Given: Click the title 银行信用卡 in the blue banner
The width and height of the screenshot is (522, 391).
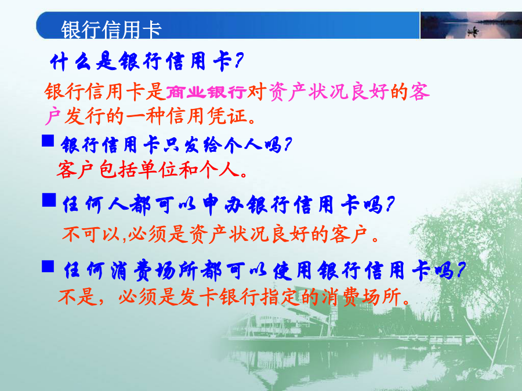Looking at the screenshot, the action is pos(111,30).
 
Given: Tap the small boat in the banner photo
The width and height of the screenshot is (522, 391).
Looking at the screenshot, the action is pos(472,32).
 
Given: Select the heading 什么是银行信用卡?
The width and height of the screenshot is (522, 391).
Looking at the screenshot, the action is pos(147,61).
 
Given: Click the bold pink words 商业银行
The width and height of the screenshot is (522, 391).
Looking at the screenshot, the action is pos(206,92).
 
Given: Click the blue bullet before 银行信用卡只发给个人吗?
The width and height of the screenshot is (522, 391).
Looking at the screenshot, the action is pos(48,141).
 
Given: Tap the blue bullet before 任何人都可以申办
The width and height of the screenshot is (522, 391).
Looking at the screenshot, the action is pos(49,200).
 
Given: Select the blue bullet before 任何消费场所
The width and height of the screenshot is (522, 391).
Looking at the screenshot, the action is pos(48,266).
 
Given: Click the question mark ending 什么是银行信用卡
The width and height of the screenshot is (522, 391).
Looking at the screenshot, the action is pos(239,61).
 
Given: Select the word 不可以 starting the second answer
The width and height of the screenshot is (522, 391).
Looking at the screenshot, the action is pos(90,234).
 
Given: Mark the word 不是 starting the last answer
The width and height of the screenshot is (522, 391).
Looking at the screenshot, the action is pos(78,297).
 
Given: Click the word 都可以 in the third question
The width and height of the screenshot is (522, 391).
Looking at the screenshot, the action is pos(235,271).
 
